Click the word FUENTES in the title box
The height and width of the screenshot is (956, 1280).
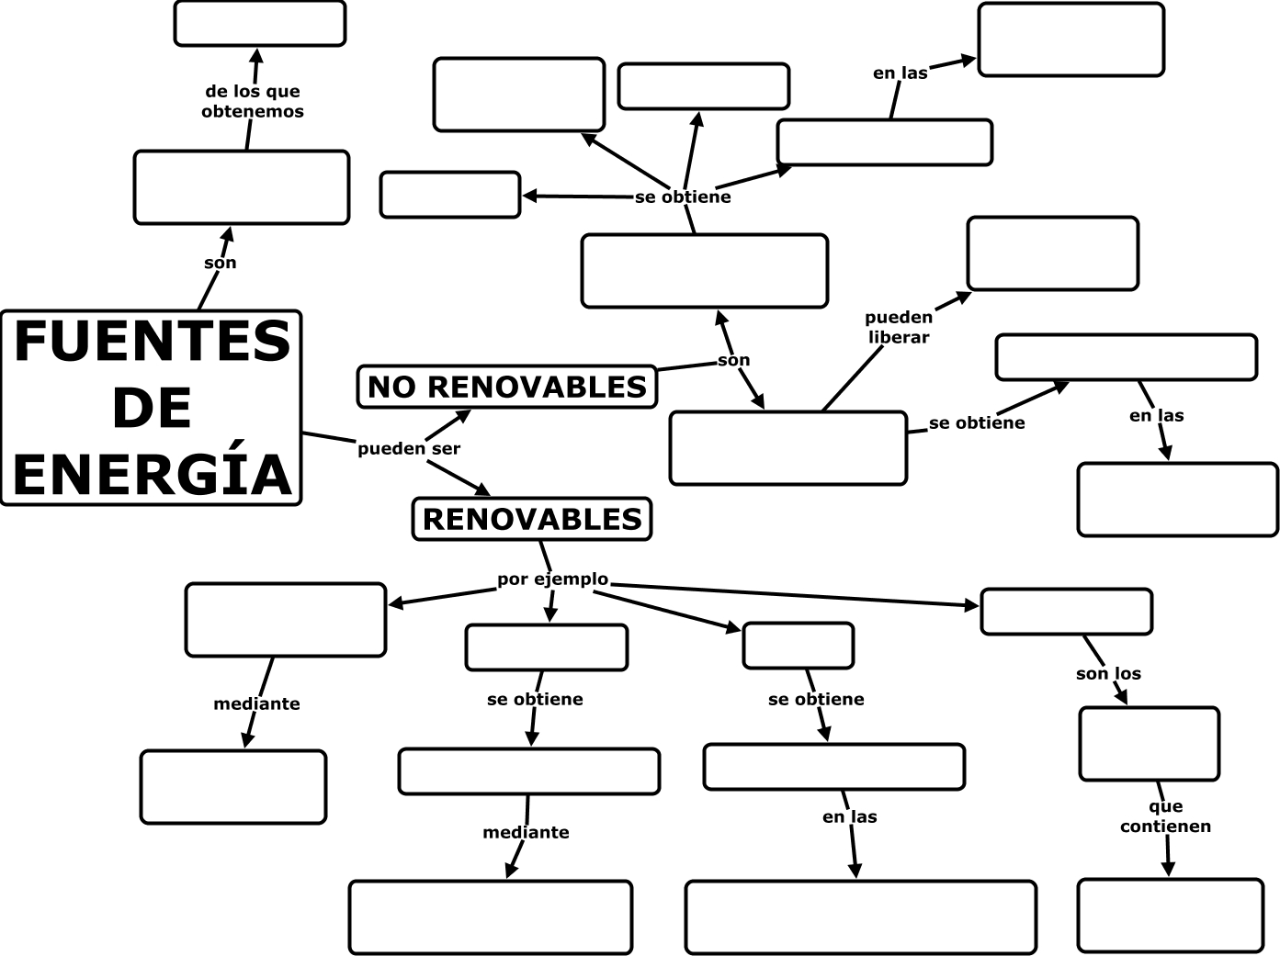pos(153,342)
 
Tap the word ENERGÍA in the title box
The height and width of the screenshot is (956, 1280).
pos(153,474)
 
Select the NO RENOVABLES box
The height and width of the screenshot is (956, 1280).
pos(507,387)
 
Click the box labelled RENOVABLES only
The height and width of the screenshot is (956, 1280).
pos(532,519)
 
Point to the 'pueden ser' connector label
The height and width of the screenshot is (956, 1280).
pos(409,448)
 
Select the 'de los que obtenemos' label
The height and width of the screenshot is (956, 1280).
pos(253,101)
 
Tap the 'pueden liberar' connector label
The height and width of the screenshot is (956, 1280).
pos(899,327)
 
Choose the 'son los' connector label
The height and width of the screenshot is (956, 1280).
pos(1108,673)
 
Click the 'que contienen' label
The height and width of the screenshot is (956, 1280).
pos(1165,816)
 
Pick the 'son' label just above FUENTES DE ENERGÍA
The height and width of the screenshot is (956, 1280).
pos(221,263)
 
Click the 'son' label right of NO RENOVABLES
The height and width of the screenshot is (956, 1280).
pos(733,360)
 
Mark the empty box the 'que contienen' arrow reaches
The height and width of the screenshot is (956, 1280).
pos(1171,916)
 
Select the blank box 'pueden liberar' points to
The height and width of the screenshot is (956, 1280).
pos(1053,253)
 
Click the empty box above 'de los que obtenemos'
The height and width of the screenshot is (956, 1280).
pos(260,24)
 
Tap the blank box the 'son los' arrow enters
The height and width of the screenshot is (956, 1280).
pos(1150,744)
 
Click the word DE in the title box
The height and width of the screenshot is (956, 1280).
pos(153,408)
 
